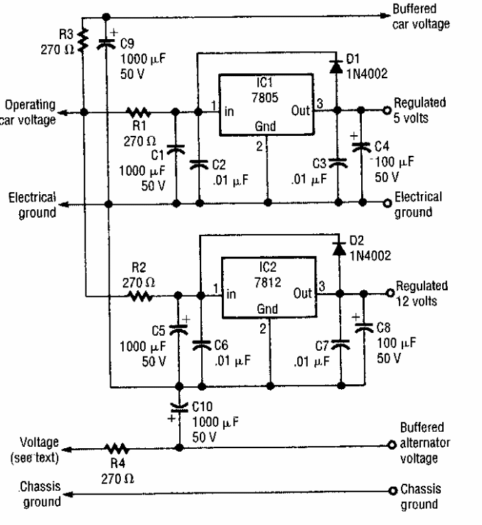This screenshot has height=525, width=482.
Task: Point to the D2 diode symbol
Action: coord(339,249)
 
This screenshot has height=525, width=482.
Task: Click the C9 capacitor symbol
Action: coord(107,43)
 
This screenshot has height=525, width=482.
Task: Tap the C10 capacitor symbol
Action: coord(178,410)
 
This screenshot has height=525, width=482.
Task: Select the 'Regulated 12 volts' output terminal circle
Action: coord(390,294)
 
